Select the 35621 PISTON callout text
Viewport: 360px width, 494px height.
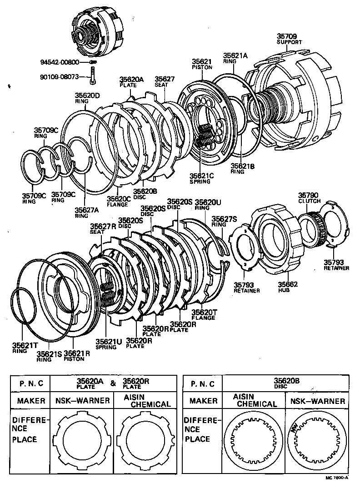[x=202, y=64]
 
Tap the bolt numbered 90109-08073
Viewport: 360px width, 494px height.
[x=93, y=77]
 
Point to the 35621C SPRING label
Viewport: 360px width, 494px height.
[x=200, y=177]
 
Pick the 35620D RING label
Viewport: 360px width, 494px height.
[x=87, y=98]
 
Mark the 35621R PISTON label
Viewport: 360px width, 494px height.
[x=76, y=355]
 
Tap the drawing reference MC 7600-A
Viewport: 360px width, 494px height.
[x=336, y=478]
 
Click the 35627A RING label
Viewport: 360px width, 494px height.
[x=86, y=212]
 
